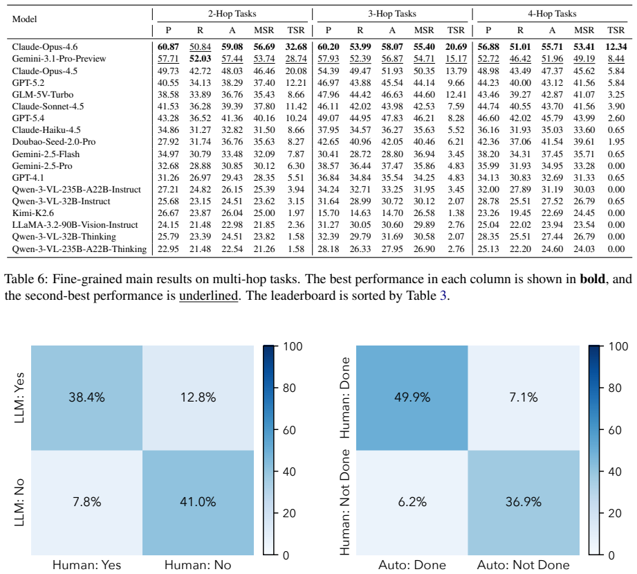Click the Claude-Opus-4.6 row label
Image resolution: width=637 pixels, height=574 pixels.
pyautogui.click(x=45, y=47)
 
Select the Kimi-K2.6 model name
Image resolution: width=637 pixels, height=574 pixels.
pyautogui.click(x=33, y=213)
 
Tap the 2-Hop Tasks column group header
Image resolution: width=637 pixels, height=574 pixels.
pyautogui.click(x=232, y=13)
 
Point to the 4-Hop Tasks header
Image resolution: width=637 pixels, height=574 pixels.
pyautogui.click(x=552, y=13)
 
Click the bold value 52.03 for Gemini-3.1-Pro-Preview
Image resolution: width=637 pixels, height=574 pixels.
pyautogui.click(x=201, y=59)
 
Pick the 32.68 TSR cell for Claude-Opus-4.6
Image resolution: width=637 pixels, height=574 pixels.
pyautogui.click(x=296, y=47)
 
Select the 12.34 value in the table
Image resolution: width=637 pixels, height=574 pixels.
pyautogui.click(x=616, y=47)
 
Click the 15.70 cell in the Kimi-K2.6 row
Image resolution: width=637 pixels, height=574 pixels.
pyautogui.click(x=329, y=213)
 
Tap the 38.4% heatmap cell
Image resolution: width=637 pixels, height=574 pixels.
pyautogui.click(x=86, y=397)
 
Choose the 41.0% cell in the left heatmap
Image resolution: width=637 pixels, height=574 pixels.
pyautogui.click(x=198, y=503)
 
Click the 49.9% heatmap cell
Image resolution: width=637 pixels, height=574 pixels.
pyautogui.click(x=412, y=397)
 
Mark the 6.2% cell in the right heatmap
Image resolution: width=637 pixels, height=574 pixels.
pyautogui.click(x=412, y=503)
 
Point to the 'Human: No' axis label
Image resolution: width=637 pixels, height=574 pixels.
pyautogui.click(x=198, y=565)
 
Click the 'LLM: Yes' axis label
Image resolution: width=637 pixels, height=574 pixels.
pyautogui.click(x=19, y=397)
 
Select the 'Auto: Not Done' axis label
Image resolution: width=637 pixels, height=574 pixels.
pyautogui.click(x=524, y=565)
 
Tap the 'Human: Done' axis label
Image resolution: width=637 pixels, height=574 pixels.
pyautogui.click(x=344, y=397)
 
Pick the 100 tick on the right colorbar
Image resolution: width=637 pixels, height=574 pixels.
pyautogui.click(x=618, y=346)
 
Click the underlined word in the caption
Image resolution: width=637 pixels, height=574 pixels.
pyautogui.click(x=208, y=296)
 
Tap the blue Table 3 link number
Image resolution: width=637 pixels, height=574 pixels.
pyautogui.click(x=443, y=296)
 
